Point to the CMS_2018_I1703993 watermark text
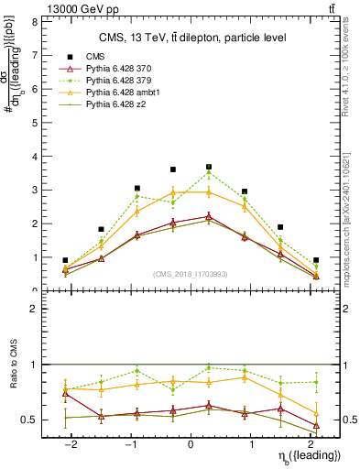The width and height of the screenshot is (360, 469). point(191,274)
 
